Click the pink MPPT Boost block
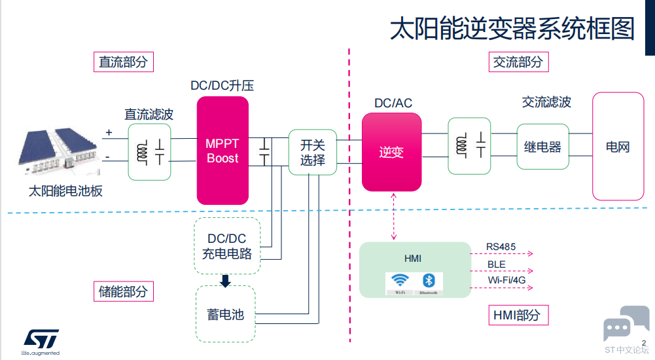tap(222, 151)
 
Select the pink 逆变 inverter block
tap(391, 152)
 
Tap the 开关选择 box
tap(313, 152)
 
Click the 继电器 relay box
tap(542, 147)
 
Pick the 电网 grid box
tap(617, 147)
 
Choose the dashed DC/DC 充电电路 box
tap(227, 246)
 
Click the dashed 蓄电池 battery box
tap(225, 314)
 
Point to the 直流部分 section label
tap(123, 62)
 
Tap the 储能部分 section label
tap(123, 291)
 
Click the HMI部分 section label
tap(518, 315)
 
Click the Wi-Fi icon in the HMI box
tap(399, 281)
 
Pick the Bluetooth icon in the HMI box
tap(429, 281)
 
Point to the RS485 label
tap(501, 247)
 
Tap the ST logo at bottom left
tap(41, 339)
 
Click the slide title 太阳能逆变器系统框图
tap(512, 29)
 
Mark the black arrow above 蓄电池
tap(226, 281)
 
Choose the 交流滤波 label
tap(546, 102)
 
